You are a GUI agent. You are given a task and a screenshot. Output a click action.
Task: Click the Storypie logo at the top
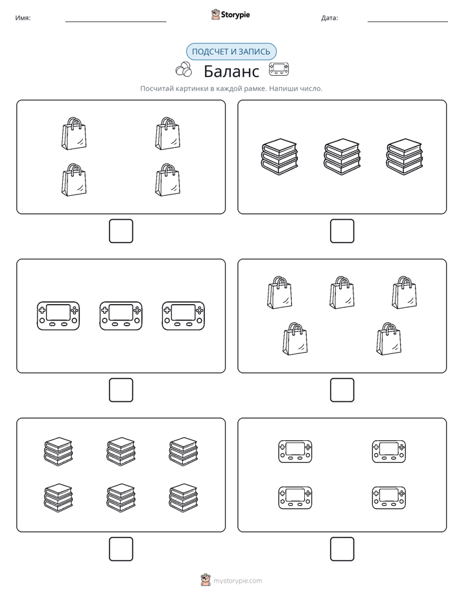point(230,14)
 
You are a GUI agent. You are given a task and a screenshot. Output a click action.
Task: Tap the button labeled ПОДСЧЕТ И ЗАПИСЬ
point(231,52)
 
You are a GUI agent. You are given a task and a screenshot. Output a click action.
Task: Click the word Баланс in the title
point(231,71)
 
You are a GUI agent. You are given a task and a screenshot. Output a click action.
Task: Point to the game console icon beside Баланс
point(279,69)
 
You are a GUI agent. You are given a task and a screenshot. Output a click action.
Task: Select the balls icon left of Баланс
point(184,69)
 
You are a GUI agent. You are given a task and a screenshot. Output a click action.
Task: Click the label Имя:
point(23,18)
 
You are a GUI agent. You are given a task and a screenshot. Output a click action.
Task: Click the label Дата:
point(329,18)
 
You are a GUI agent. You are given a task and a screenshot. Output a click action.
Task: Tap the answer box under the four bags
point(121,231)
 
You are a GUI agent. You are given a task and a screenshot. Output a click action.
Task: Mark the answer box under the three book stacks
point(342,231)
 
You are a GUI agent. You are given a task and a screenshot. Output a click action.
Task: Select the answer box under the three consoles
point(121,390)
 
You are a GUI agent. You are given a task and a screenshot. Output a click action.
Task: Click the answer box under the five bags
point(342,390)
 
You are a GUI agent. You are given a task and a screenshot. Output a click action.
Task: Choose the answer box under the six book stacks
point(121,549)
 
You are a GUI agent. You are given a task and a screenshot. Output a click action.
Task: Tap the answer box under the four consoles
point(342,549)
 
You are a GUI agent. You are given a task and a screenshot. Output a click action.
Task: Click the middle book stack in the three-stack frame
point(342,157)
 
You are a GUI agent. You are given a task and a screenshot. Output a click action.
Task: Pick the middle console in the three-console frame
point(121,316)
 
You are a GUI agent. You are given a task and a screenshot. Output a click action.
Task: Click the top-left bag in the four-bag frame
point(74,134)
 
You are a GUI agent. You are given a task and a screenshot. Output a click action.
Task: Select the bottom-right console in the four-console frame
point(389,498)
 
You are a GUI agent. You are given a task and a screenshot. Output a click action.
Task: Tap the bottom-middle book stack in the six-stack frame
point(121,498)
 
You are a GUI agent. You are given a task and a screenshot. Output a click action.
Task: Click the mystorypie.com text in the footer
point(237,581)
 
